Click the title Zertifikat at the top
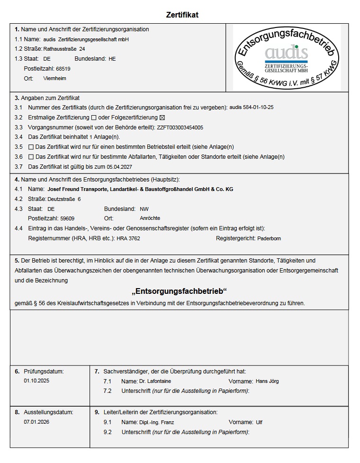tap(182, 15)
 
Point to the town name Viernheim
tap(54, 78)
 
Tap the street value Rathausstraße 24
tap(65, 49)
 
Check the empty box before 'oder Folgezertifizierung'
tap(94, 118)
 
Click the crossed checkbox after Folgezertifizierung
tap(162, 118)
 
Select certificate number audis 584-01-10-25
tap(251, 108)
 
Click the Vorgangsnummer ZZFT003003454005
tap(180, 127)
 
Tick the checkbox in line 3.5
tap(31, 147)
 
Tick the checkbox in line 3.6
tap(31, 157)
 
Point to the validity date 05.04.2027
tap(119, 167)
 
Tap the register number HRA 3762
tap(128, 238)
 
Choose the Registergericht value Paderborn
tap(269, 238)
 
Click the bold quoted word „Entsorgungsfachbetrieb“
tap(179, 291)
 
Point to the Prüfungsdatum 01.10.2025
tap(36, 381)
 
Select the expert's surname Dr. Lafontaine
tap(155, 381)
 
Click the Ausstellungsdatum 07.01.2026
tap(36, 422)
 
